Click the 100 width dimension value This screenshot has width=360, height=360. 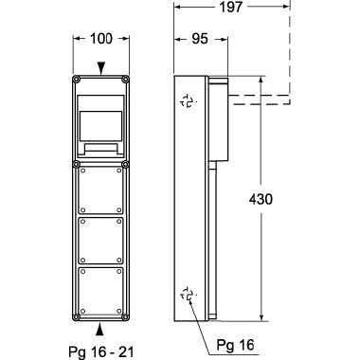point(101,39)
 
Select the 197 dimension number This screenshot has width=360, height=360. point(231,7)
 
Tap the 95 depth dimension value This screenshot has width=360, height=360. point(200,39)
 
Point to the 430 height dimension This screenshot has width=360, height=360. point(261,199)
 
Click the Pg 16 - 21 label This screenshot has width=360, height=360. point(101,352)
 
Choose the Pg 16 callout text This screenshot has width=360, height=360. point(235,345)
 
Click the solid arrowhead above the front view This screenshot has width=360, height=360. point(100,68)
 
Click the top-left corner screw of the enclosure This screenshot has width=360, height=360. point(76,79)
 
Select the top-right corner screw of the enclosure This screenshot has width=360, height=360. point(125,79)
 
